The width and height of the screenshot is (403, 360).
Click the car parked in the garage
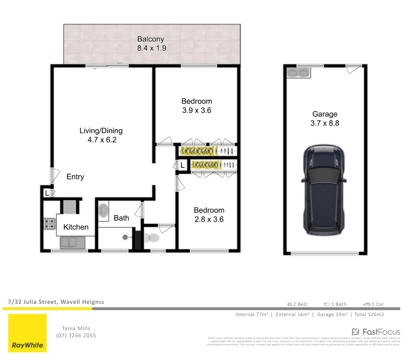pyautogui.click(x=323, y=190)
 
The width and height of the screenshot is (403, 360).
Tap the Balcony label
pyautogui.click(x=151, y=39)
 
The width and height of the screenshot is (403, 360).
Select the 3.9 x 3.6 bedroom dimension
pyautogui.click(x=196, y=110)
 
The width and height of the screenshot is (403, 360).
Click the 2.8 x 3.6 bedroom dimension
pyautogui.click(x=209, y=219)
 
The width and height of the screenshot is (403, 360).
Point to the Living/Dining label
pyautogui.click(x=101, y=131)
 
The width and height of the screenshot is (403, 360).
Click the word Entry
pyautogui.click(x=75, y=177)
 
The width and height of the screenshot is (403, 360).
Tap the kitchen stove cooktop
pyautogui.click(x=49, y=224)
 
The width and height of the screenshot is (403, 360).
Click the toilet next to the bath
pyautogui.click(x=151, y=238)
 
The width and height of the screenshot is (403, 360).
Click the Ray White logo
pyautogui.click(x=27, y=333)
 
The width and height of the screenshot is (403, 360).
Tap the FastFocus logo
pyautogui.click(x=376, y=332)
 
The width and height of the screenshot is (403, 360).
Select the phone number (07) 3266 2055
pyautogui.click(x=76, y=336)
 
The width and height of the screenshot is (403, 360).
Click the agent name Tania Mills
pyautogui.click(x=76, y=328)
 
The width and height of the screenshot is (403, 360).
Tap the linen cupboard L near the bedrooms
pyautogui.click(x=182, y=165)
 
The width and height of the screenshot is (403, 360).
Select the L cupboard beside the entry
pyautogui.click(x=47, y=193)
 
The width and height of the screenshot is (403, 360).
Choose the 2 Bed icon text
pyautogui.click(x=297, y=304)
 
